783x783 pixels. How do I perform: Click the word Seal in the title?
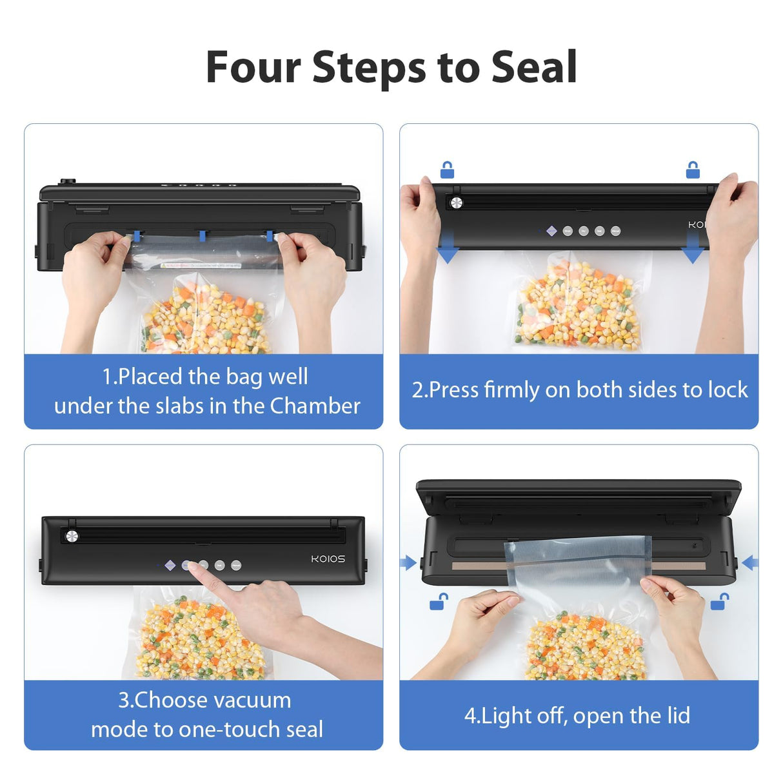click(533, 67)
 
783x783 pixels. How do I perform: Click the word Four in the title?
click(253, 67)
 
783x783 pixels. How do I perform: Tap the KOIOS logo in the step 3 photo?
click(328, 559)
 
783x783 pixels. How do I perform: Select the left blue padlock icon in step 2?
click(447, 170)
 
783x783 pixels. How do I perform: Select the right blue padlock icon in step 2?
click(693, 170)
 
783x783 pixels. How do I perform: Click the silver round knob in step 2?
click(457, 203)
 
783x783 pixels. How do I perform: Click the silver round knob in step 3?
click(72, 536)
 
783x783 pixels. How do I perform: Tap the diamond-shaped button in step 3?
click(170, 565)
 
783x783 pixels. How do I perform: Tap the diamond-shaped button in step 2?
click(551, 231)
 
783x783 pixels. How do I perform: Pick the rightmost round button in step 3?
click(236, 566)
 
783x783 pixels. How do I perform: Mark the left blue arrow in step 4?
click(408, 563)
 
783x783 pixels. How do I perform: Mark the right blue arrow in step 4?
click(749, 563)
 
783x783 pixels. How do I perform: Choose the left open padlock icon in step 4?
click(439, 602)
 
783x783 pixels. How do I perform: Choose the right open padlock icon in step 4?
click(719, 602)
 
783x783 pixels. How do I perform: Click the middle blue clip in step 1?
click(203, 235)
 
